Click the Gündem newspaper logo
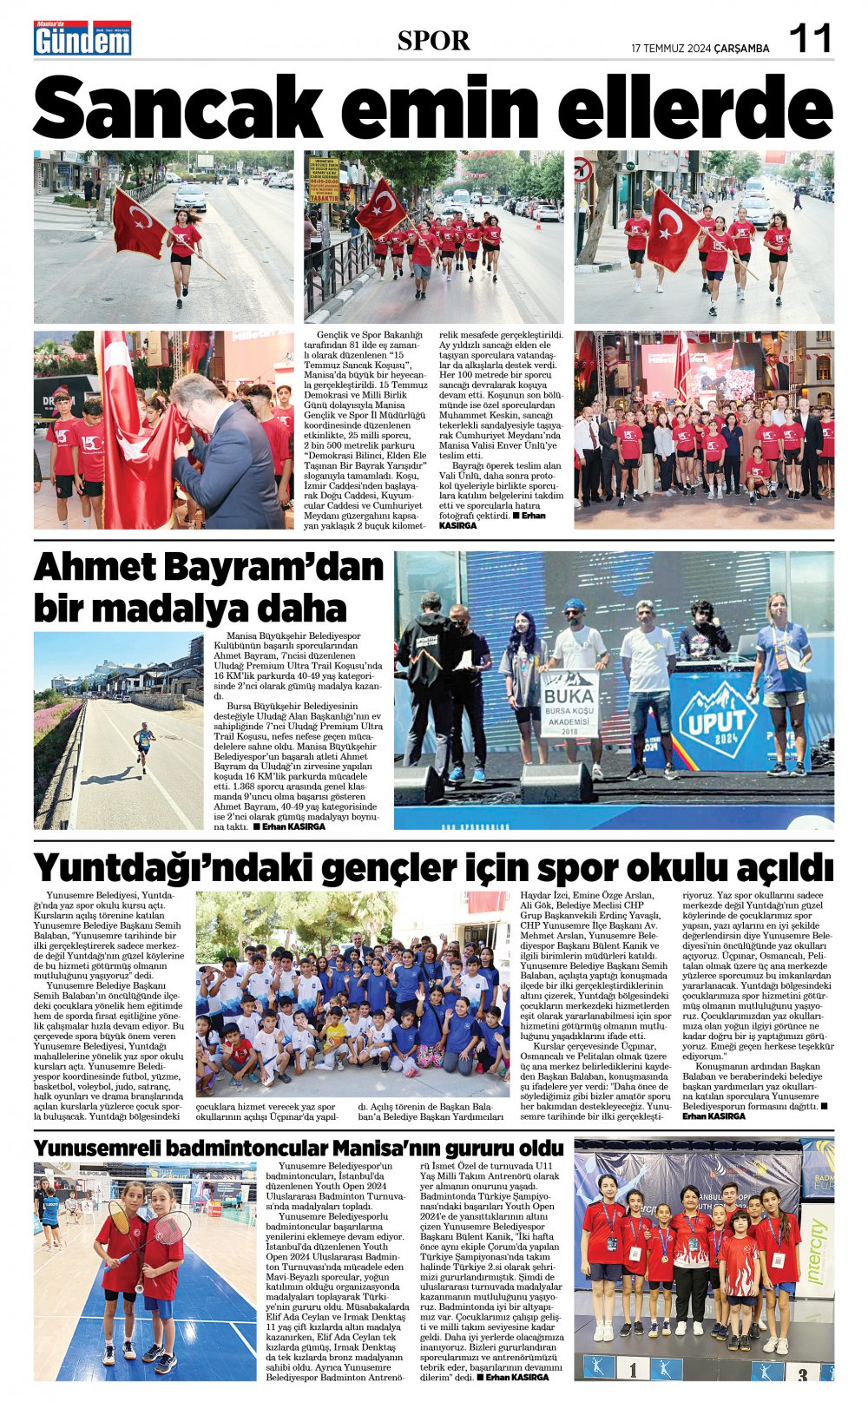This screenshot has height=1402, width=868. (82, 39)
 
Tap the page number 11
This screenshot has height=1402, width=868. (810, 39)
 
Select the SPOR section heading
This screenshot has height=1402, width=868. (433, 40)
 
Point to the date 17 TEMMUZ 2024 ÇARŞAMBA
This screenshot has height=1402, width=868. (700, 49)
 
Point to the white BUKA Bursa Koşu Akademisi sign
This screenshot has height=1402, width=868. (569, 702)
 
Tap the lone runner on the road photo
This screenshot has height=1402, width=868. (144, 747)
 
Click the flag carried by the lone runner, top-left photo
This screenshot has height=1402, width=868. (139, 224)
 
